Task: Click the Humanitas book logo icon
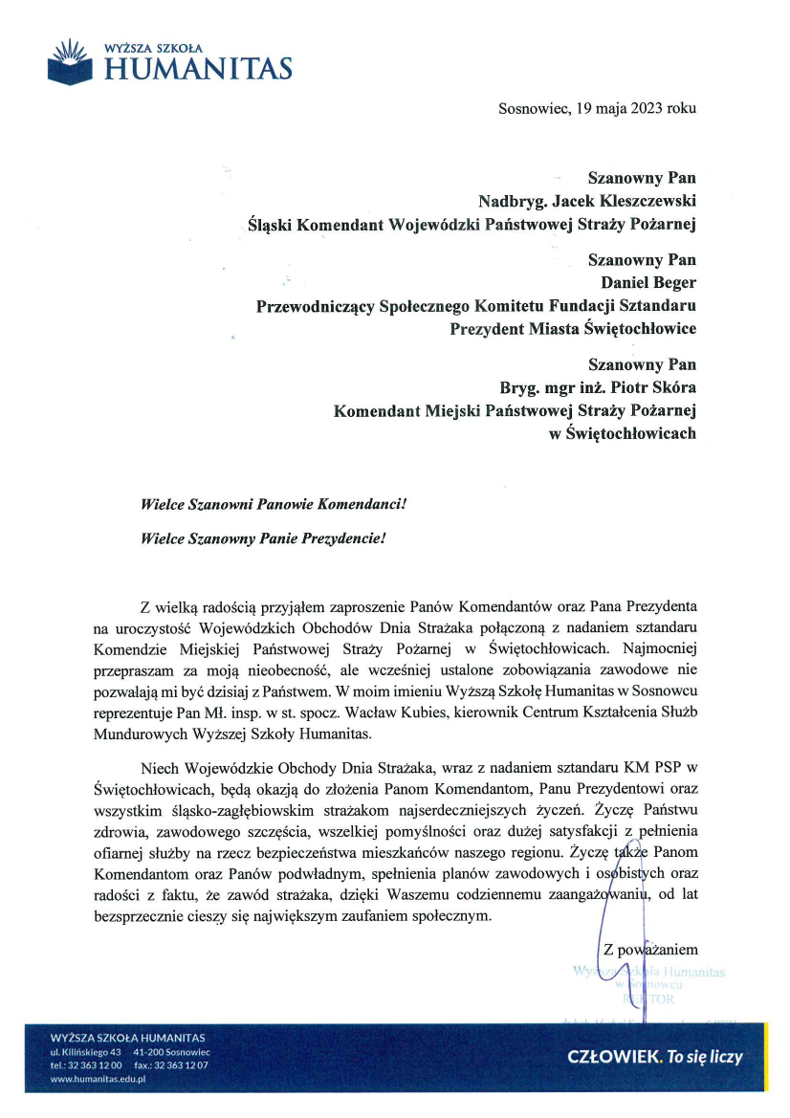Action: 71,60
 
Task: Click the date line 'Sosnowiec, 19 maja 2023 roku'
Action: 597,108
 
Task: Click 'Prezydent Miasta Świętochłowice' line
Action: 572,328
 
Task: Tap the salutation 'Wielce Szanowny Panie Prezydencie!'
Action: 262,537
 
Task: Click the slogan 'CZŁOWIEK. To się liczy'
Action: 654,1057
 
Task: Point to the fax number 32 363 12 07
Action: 180,1064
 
